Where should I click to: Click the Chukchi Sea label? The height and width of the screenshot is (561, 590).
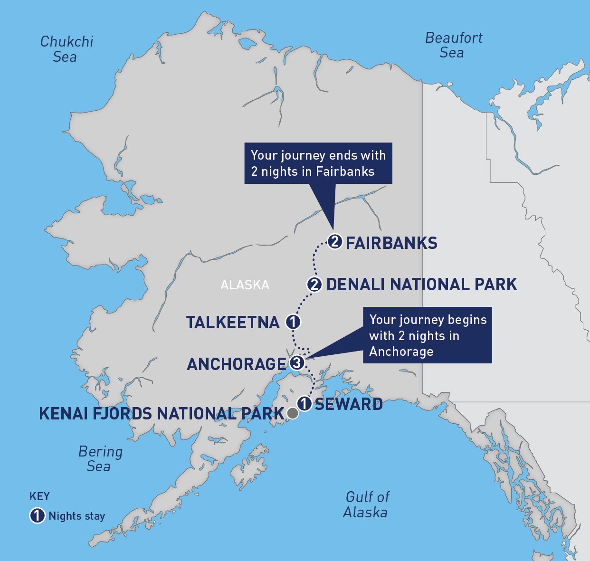click(67, 49)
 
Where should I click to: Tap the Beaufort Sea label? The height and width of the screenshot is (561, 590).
click(453, 45)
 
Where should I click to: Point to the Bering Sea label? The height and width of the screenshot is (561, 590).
click(100, 459)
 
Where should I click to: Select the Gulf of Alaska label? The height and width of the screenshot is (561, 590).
click(366, 504)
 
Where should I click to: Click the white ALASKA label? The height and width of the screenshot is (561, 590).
click(245, 285)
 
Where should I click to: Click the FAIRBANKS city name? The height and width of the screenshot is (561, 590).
click(391, 243)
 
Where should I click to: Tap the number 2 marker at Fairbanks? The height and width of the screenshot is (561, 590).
click(335, 242)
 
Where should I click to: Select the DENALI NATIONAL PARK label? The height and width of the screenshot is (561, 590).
click(421, 285)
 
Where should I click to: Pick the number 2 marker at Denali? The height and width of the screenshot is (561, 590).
click(314, 285)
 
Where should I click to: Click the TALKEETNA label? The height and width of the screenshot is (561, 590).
click(233, 323)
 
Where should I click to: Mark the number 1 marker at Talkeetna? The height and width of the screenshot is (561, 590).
click(293, 322)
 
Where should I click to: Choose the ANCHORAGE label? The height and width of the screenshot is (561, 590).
click(237, 364)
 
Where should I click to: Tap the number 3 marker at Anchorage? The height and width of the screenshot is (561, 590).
click(296, 363)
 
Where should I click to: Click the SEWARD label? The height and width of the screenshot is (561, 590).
click(349, 404)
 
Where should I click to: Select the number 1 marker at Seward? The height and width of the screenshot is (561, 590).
click(304, 404)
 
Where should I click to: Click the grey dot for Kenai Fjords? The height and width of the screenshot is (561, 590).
click(293, 413)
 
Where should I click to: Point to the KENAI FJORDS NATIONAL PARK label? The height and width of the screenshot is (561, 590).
click(161, 414)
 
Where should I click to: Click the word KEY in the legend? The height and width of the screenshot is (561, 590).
click(39, 497)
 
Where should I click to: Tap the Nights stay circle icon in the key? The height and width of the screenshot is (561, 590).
click(37, 516)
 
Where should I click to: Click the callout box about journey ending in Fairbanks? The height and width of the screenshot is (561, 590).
click(318, 163)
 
